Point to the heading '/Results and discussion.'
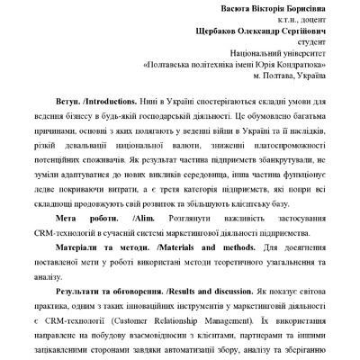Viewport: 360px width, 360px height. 210,294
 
